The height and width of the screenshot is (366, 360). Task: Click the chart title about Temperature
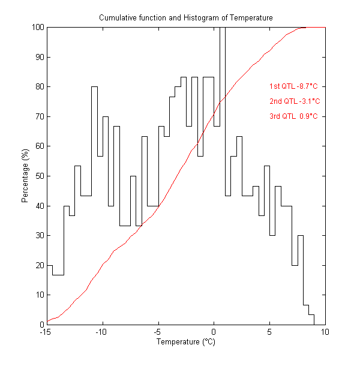pos(185,18)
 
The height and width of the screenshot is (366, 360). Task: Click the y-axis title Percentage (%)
pos(25,176)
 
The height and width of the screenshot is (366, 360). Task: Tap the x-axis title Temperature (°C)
pos(185,342)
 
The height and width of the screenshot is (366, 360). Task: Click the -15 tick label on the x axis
pos(46,332)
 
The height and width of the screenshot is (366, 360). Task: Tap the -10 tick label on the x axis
pos(102,332)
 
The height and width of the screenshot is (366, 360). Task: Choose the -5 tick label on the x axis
pos(158,332)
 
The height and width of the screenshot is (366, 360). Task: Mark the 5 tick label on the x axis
pos(269,332)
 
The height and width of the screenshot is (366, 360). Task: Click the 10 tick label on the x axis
pos(325,332)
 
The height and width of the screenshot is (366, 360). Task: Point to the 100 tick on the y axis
pos(37,27)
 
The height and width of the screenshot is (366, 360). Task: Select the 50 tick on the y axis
pos(39,176)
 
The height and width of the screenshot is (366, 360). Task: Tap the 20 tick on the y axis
pos(39,265)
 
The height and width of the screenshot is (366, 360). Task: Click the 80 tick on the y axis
pos(39,86)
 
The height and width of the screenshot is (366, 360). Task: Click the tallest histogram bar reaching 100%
pos(223,174)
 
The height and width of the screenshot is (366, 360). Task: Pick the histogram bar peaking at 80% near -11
pos(94,204)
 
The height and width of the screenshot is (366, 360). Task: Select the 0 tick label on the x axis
pos(214,332)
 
